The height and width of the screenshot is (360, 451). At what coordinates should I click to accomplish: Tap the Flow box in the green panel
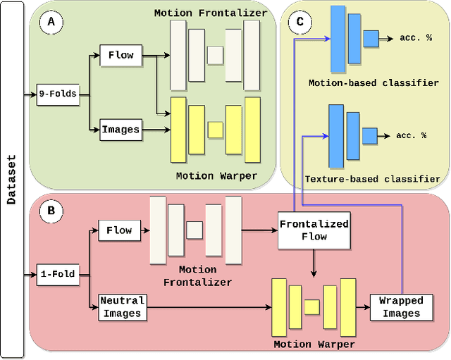(x=121, y=54)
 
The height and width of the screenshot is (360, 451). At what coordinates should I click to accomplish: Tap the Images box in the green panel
(x=121, y=129)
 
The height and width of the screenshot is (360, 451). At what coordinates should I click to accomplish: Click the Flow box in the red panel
(x=119, y=230)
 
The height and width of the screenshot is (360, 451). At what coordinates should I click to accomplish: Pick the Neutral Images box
(x=123, y=308)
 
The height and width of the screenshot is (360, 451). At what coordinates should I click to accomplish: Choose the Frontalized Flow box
(x=314, y=230)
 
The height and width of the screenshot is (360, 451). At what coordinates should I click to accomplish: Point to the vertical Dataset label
(x=12, y=180)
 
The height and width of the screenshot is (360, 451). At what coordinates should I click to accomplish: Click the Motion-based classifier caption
(x=373, y=83)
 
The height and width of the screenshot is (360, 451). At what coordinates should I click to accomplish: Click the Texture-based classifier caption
(x=372, y=179)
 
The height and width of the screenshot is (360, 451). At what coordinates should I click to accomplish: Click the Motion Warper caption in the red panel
(x=314, y=345)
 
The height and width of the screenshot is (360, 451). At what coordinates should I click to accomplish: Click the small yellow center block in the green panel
(x=215, y=130)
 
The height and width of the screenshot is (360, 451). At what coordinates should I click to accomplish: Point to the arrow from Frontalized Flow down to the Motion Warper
(x=314, y=263)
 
